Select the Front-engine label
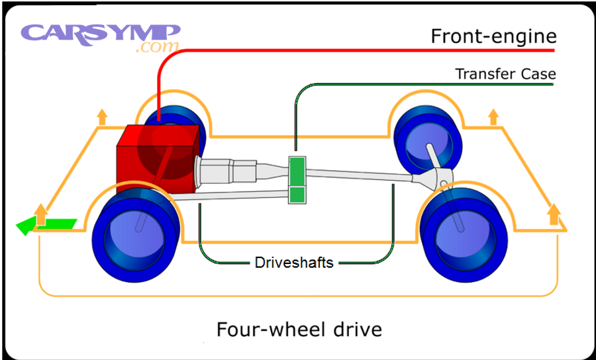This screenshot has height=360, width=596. [493, 36]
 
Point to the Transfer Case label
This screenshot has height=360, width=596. [505, 73]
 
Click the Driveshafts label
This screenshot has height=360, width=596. [294, 263]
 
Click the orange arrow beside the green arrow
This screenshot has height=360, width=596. [40, 214]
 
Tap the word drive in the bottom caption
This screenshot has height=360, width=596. [356, 329]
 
